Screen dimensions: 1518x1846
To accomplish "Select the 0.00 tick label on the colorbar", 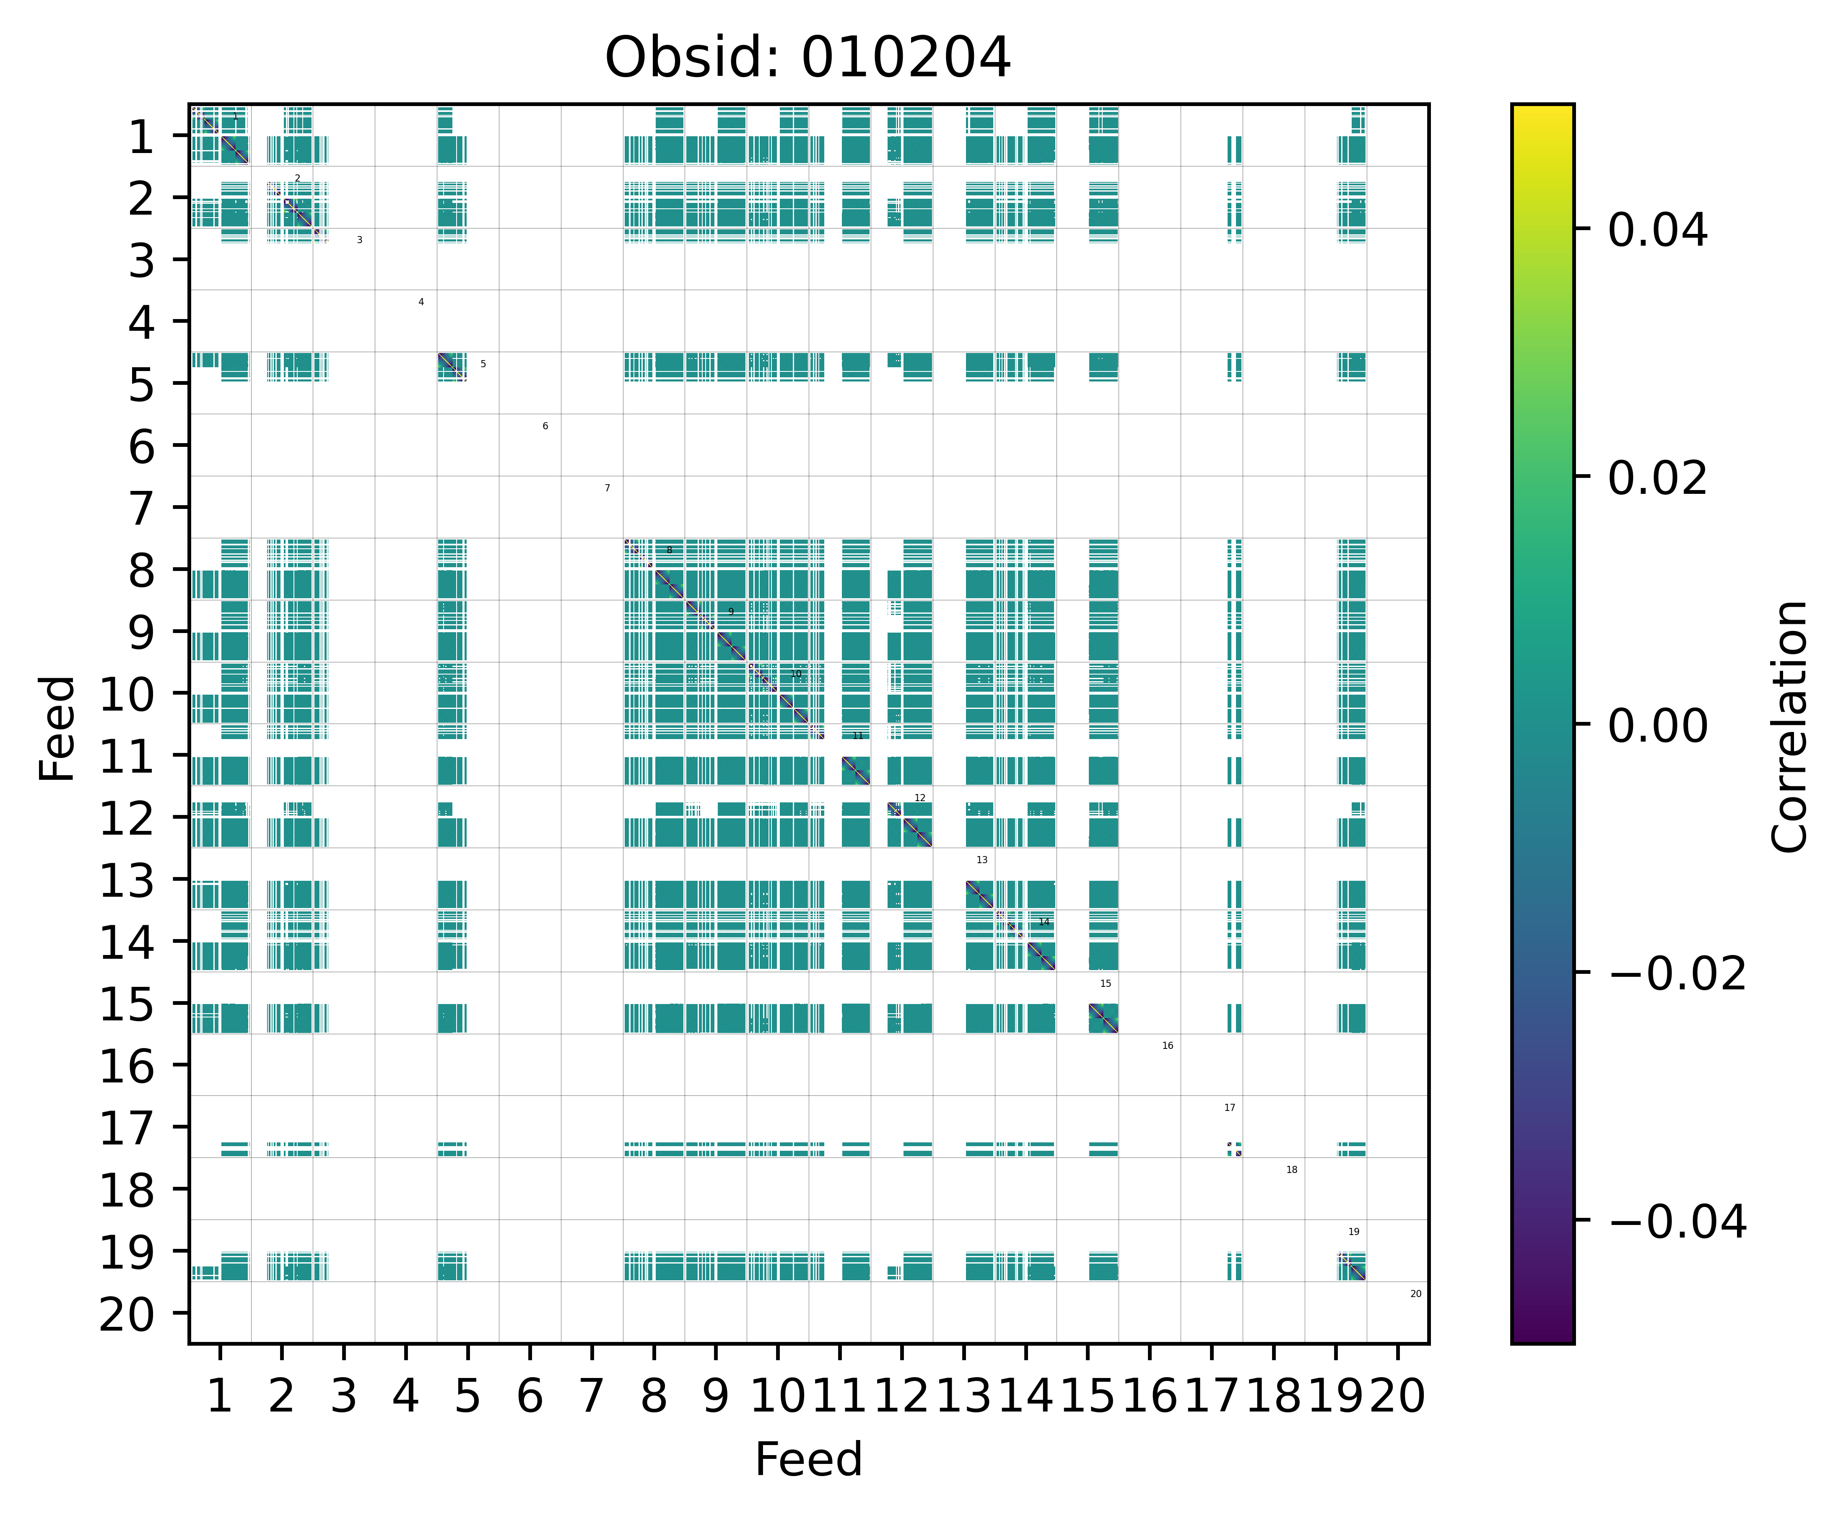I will pos(1657,726).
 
